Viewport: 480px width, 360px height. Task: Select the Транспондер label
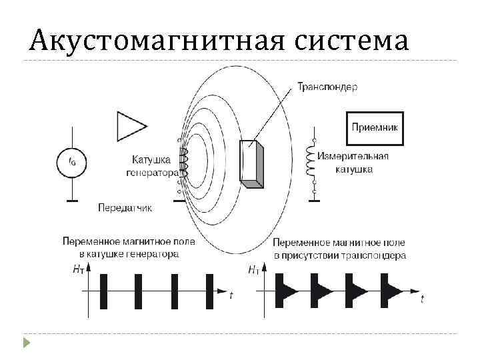[x=327, y=87]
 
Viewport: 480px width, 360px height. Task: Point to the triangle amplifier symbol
[x=130, y=126]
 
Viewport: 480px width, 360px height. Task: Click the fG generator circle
[x=69, y=161]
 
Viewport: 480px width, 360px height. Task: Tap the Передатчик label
[x=125, y=207]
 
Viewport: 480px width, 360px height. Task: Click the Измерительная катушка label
[x=353, y=163]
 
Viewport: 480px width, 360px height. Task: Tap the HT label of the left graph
[x=79, y=270]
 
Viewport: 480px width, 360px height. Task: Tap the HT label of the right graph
[x=254, y=270]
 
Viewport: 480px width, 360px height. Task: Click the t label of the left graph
[x=231, y=295]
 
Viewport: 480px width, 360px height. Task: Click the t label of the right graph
[x=422, y=299]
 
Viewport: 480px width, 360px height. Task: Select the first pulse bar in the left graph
[x=103, y=291]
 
